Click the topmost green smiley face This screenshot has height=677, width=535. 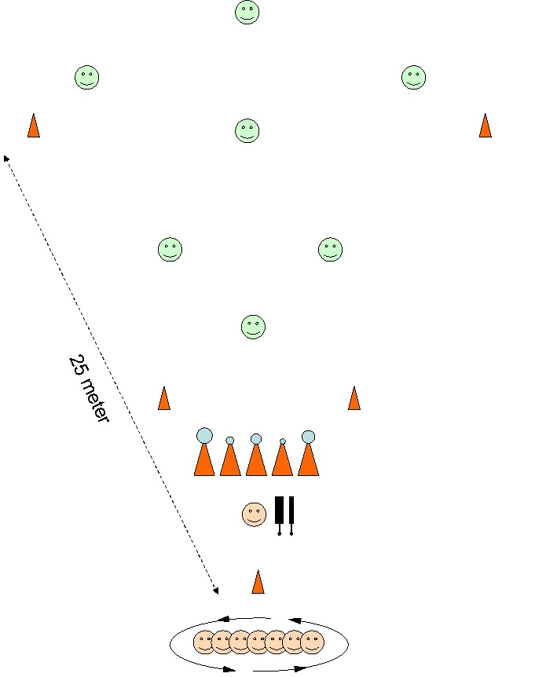tap(247, 13)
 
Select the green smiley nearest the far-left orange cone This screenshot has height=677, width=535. tap(86, 77)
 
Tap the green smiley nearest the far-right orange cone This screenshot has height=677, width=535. tap(413, 77)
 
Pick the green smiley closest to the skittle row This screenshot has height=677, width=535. tap(252, 327)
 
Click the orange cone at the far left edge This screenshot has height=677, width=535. tap(33, 126)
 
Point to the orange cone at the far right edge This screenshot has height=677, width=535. tap(485, 126)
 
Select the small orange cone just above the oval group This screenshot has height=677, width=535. tap(258, 582)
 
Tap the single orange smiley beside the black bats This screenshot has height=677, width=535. tap(254, 514)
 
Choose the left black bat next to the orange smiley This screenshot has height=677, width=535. tap(279, 512)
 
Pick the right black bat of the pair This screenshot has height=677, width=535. tap(291, 512)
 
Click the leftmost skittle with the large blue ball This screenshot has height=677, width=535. tap(204, 456)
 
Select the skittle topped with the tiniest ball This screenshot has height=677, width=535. tap(282, 459)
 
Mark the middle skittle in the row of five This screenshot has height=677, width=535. tap(256, 458)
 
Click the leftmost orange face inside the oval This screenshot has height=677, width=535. tap(204, 642)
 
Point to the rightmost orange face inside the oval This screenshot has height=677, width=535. tap(313, 642)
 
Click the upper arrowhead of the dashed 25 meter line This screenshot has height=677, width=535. tap(5, 156)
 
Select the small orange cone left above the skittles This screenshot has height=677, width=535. tap(163, 398)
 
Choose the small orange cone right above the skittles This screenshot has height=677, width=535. tap(354, 398)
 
